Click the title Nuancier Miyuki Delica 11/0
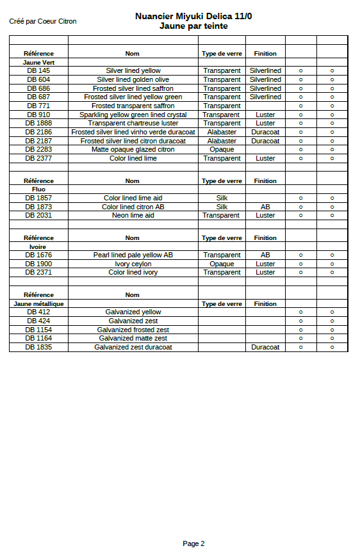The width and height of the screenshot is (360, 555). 193,17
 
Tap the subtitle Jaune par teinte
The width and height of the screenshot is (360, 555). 193,26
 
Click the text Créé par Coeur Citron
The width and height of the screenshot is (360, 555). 43,21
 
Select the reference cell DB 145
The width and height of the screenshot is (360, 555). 38,70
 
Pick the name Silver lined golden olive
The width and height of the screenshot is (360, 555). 133,79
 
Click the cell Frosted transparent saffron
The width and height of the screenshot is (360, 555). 133,106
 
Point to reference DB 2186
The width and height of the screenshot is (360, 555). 38,132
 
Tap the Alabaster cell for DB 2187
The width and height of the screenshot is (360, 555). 222,141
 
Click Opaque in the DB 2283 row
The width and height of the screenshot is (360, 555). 222,149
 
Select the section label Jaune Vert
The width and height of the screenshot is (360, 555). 38,62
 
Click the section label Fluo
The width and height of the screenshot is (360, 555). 38,189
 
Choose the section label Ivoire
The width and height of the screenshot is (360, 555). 38,246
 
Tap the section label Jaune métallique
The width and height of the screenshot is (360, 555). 38,303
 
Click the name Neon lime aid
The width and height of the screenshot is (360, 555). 133,215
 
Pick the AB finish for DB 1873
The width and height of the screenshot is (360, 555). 265,207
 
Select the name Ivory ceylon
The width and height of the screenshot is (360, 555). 133,264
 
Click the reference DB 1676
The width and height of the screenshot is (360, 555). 38,255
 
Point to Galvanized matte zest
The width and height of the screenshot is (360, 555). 133,338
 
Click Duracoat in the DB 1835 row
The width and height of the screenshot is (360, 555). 265,347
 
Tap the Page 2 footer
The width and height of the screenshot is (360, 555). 193,543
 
